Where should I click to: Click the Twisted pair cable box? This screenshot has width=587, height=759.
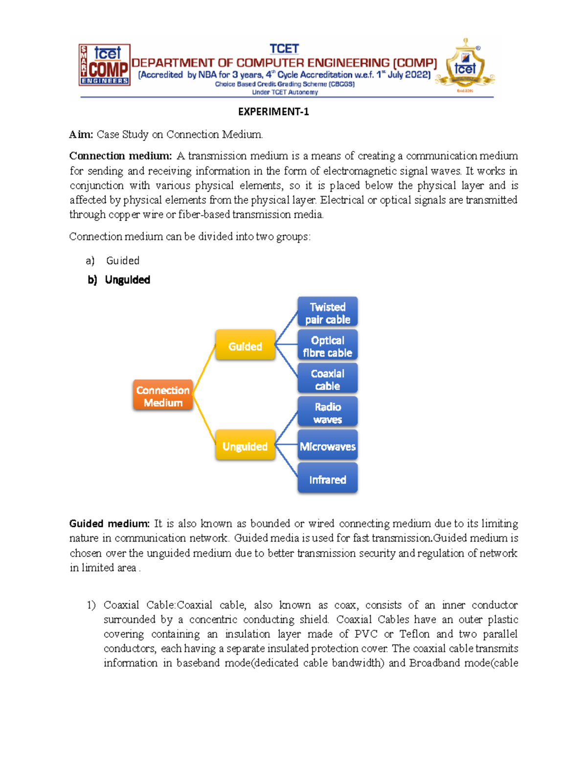[x=327, y=312]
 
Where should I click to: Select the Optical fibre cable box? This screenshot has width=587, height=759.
[x=327, y=346]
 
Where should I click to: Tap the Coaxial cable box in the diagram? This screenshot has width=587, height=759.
[x=327, y=379]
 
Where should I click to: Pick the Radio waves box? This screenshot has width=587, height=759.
[x=327, y=412]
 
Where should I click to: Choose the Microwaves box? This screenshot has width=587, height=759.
[x=327, y=446]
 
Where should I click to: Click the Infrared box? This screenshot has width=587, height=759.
[x=327, y=479]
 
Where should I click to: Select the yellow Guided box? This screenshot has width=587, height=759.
[x=245, y=346]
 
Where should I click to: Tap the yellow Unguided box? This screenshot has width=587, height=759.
[x=245, y=446]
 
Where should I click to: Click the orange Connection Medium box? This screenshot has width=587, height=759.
[x=163, y=395]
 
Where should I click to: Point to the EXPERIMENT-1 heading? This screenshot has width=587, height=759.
[x=273, y=112]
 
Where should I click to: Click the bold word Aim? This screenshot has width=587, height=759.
[x=81, y=134]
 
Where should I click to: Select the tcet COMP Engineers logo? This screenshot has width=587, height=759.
[x=104, y=65]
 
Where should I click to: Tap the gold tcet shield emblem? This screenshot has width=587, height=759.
[x=465, y=66]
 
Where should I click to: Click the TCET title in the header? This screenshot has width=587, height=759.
[x=284, y=49]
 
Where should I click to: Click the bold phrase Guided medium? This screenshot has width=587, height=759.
[x=109, y=523]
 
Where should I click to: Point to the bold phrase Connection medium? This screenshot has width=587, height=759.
[x=120, y=156]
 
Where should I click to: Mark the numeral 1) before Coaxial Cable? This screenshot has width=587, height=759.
[x=91, y=605]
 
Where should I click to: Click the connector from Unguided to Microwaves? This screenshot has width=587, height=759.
[x=287, y=444]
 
